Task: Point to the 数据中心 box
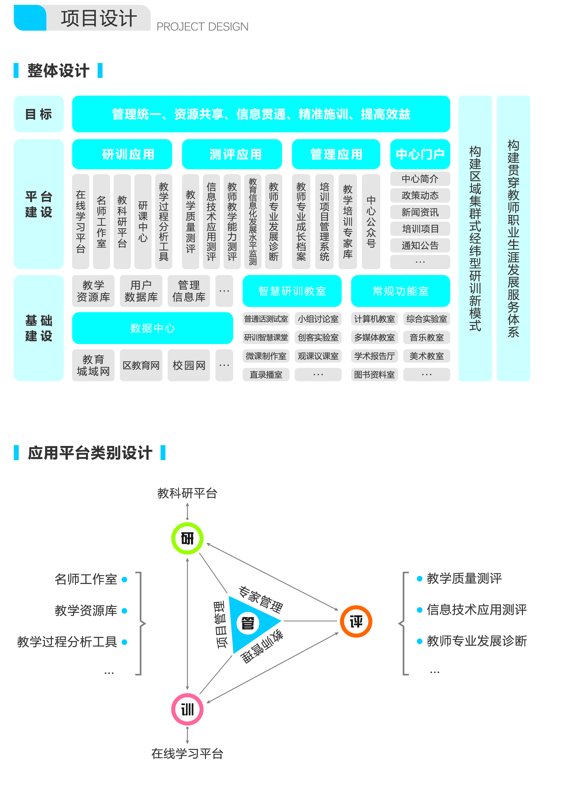click(x=152, y=328)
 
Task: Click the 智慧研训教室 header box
click(x=292, y=291)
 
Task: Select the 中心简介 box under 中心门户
click(x=420, y=179)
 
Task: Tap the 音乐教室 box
click(x=427, y=337)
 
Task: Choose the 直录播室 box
click(x=266, y=374)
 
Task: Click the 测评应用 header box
click(x=232, y=154)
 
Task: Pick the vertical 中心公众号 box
click(x=371, y=221)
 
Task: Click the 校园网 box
click(x=189, y=365)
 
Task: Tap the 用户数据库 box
click(x=141, y=291)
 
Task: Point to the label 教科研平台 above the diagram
click(x=187, y=493)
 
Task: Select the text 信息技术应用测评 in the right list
click(x=477, y=610)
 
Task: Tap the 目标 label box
click(x=39, y=114)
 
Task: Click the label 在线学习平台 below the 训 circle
click(x=187, y=754)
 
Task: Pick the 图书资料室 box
click(x=374, y=374)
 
